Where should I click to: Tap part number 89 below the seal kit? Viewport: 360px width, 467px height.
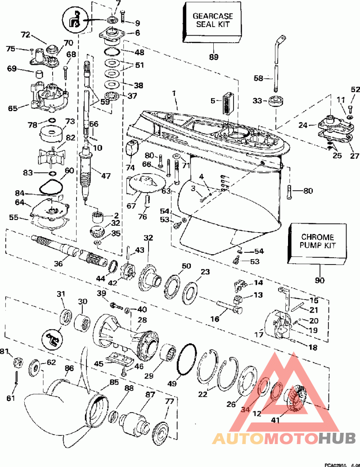(213, 57)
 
